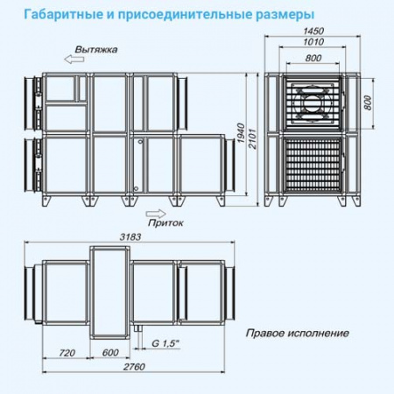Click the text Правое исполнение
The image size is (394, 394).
tap(298, 333)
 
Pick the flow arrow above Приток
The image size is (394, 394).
tap(153, 211)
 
